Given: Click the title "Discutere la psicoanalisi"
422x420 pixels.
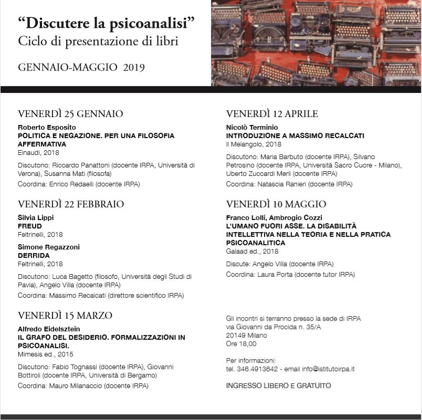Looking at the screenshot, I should [x=106, y=23].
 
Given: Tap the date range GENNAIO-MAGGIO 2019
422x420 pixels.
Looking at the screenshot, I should [x=81, y=67].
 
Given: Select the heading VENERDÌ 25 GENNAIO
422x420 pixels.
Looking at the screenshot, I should [x=70, y=114].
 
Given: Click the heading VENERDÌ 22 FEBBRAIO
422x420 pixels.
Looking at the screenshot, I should [x=71, y=204].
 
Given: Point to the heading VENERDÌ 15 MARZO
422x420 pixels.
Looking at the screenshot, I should [x=65, y=316].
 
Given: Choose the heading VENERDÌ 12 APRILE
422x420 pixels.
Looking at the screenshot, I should [x=272, y=114].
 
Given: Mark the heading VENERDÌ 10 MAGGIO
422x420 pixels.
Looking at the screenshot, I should [x=276, y=204].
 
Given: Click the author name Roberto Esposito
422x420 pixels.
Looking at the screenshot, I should [x=47, y=128].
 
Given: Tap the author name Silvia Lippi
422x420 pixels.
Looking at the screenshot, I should [x=36, y=218].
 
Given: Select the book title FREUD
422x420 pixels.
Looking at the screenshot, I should [x=30, y=226].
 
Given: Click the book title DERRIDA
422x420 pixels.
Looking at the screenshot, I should [x=34, y=256].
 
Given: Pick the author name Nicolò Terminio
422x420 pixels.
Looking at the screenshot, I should [x=252, y=128].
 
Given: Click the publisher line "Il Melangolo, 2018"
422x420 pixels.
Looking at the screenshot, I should [x=254, y=144].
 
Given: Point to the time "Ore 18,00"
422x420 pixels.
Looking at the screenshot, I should [x=241, y=344].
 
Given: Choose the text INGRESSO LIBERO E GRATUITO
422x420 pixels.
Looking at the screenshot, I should [x=278, y=386].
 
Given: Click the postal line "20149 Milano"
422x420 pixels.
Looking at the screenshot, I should [x=246, y=335].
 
